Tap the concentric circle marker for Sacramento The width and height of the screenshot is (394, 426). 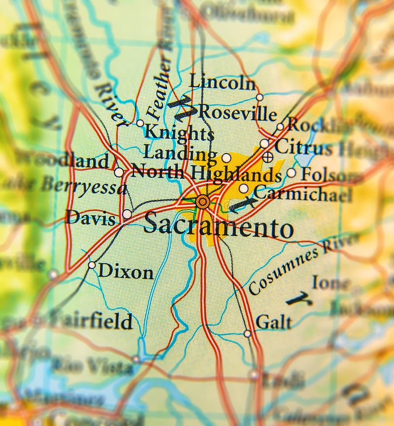point(202,201)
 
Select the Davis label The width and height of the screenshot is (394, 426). point(91,217)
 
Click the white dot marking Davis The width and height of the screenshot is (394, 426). point(127,214)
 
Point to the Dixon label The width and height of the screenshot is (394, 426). point(126,271)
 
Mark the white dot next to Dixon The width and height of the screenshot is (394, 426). point(92,265)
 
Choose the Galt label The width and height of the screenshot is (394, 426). point(273,323)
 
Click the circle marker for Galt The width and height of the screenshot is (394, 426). point(247,333)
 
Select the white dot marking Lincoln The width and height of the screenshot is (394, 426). point(260,97)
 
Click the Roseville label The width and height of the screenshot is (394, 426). point(237,113)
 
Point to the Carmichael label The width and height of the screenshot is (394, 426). point(302,194)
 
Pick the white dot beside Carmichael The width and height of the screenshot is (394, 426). point(244,189)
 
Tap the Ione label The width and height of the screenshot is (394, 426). point(330,283)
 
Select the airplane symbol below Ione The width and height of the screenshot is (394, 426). point(298,298)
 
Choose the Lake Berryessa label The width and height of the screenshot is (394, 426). point(64,186)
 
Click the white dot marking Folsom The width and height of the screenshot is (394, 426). point(292,173)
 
